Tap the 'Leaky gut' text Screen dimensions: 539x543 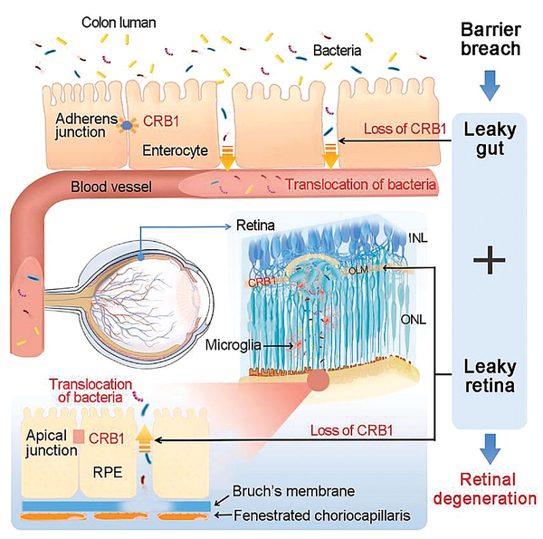coord(490,139)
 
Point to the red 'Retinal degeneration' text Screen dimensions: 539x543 coord(490,488)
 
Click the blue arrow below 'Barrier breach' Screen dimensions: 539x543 coord(490,87)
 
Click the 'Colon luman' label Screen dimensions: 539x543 coord(115,20)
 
